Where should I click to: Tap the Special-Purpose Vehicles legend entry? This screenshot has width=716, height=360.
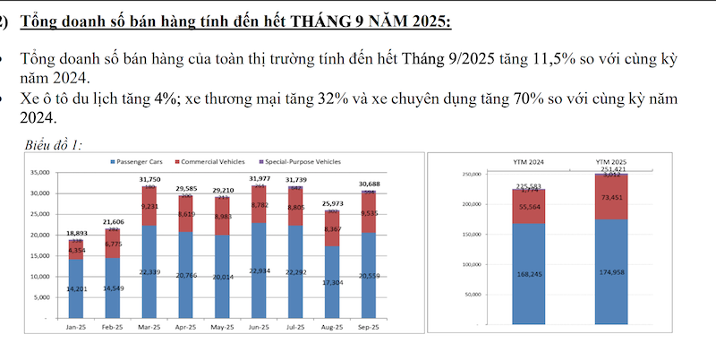pos(303,161)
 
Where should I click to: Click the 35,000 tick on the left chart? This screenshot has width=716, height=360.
pos(38,173)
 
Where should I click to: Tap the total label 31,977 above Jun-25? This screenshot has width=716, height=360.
pos(258,178)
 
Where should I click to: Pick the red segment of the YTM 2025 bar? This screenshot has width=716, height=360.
pos(611,197)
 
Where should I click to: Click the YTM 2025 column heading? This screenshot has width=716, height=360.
pos(611,162)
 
